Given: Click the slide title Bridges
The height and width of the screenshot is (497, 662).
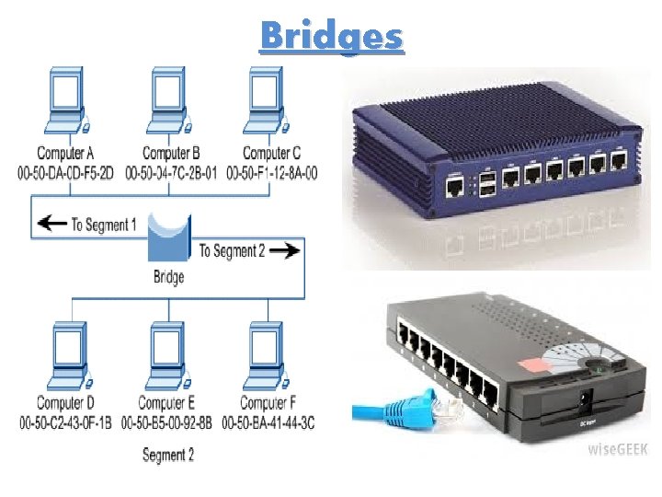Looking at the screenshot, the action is tap(331, 36).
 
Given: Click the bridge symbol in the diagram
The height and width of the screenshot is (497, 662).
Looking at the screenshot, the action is tap(168, 238).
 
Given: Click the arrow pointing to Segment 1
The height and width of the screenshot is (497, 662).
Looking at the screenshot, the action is tap(51, 225).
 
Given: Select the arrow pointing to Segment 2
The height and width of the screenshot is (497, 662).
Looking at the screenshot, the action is tap(288, 249).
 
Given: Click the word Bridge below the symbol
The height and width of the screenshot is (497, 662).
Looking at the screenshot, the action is tap(168, 276).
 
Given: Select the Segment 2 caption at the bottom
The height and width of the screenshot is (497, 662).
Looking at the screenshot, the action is tap(168, 455).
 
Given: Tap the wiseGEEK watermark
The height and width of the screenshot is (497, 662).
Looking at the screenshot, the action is tap(618, 450).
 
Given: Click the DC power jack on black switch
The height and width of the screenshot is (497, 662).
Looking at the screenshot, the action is tap(582, 401).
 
